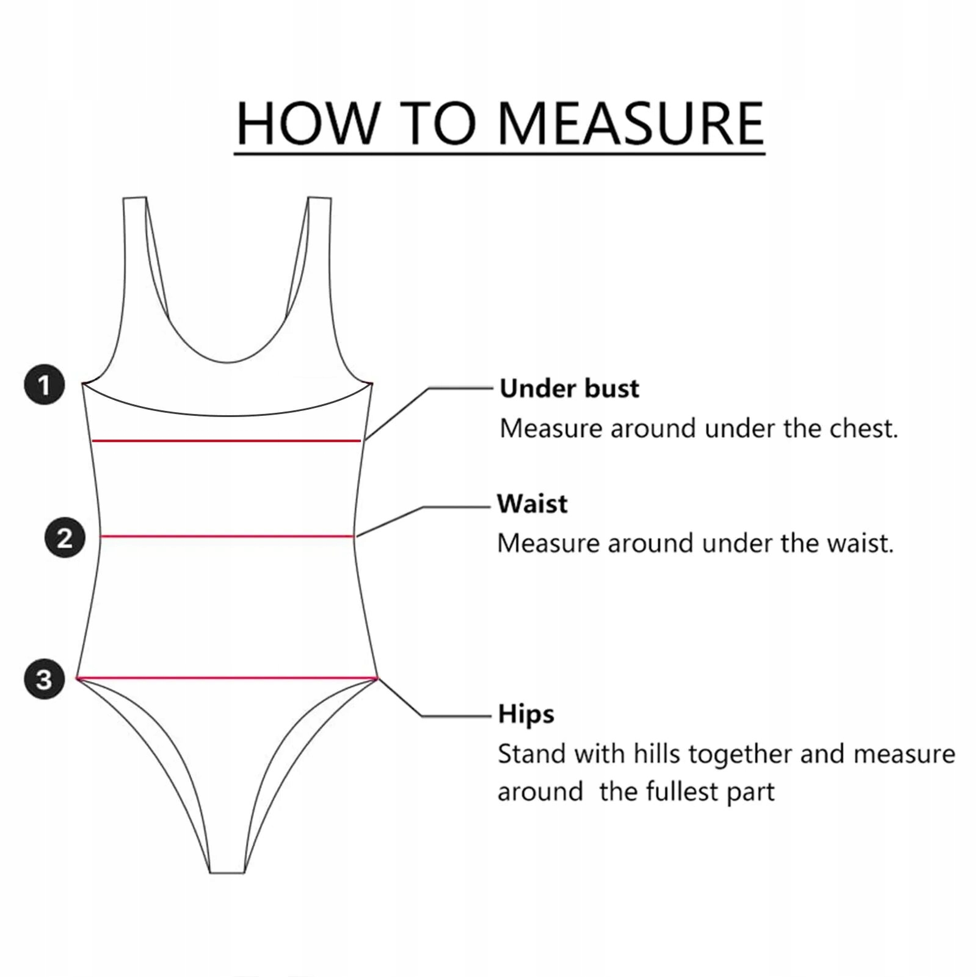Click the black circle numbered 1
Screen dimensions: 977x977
click(x=44, y=385)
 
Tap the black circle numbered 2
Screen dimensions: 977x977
click(x=65, y=538)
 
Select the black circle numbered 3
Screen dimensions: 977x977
click(x=44, y=679)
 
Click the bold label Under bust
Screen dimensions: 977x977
click(x=569, y=388)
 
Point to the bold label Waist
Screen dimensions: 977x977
click(x=532, y=504)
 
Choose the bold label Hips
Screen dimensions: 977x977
click(x=526, y=714)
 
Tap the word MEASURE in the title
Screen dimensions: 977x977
click(x=631, y=124)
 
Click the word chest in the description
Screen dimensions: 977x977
click(x=863, y=429)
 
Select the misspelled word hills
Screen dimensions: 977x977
click(x=656, y=754)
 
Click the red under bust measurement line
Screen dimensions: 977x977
click(x=226, y=440)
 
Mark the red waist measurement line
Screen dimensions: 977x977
click(x=227, y=536)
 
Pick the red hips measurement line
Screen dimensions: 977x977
click(x=227, y=678)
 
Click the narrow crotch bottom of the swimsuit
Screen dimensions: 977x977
click(x=227, y=864)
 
